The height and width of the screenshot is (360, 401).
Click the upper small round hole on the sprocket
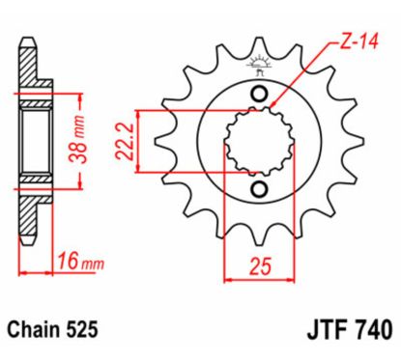pos(258,93)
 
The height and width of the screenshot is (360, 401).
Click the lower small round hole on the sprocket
pos(258,189)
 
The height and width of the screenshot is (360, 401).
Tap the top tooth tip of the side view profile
pos(23,48)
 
